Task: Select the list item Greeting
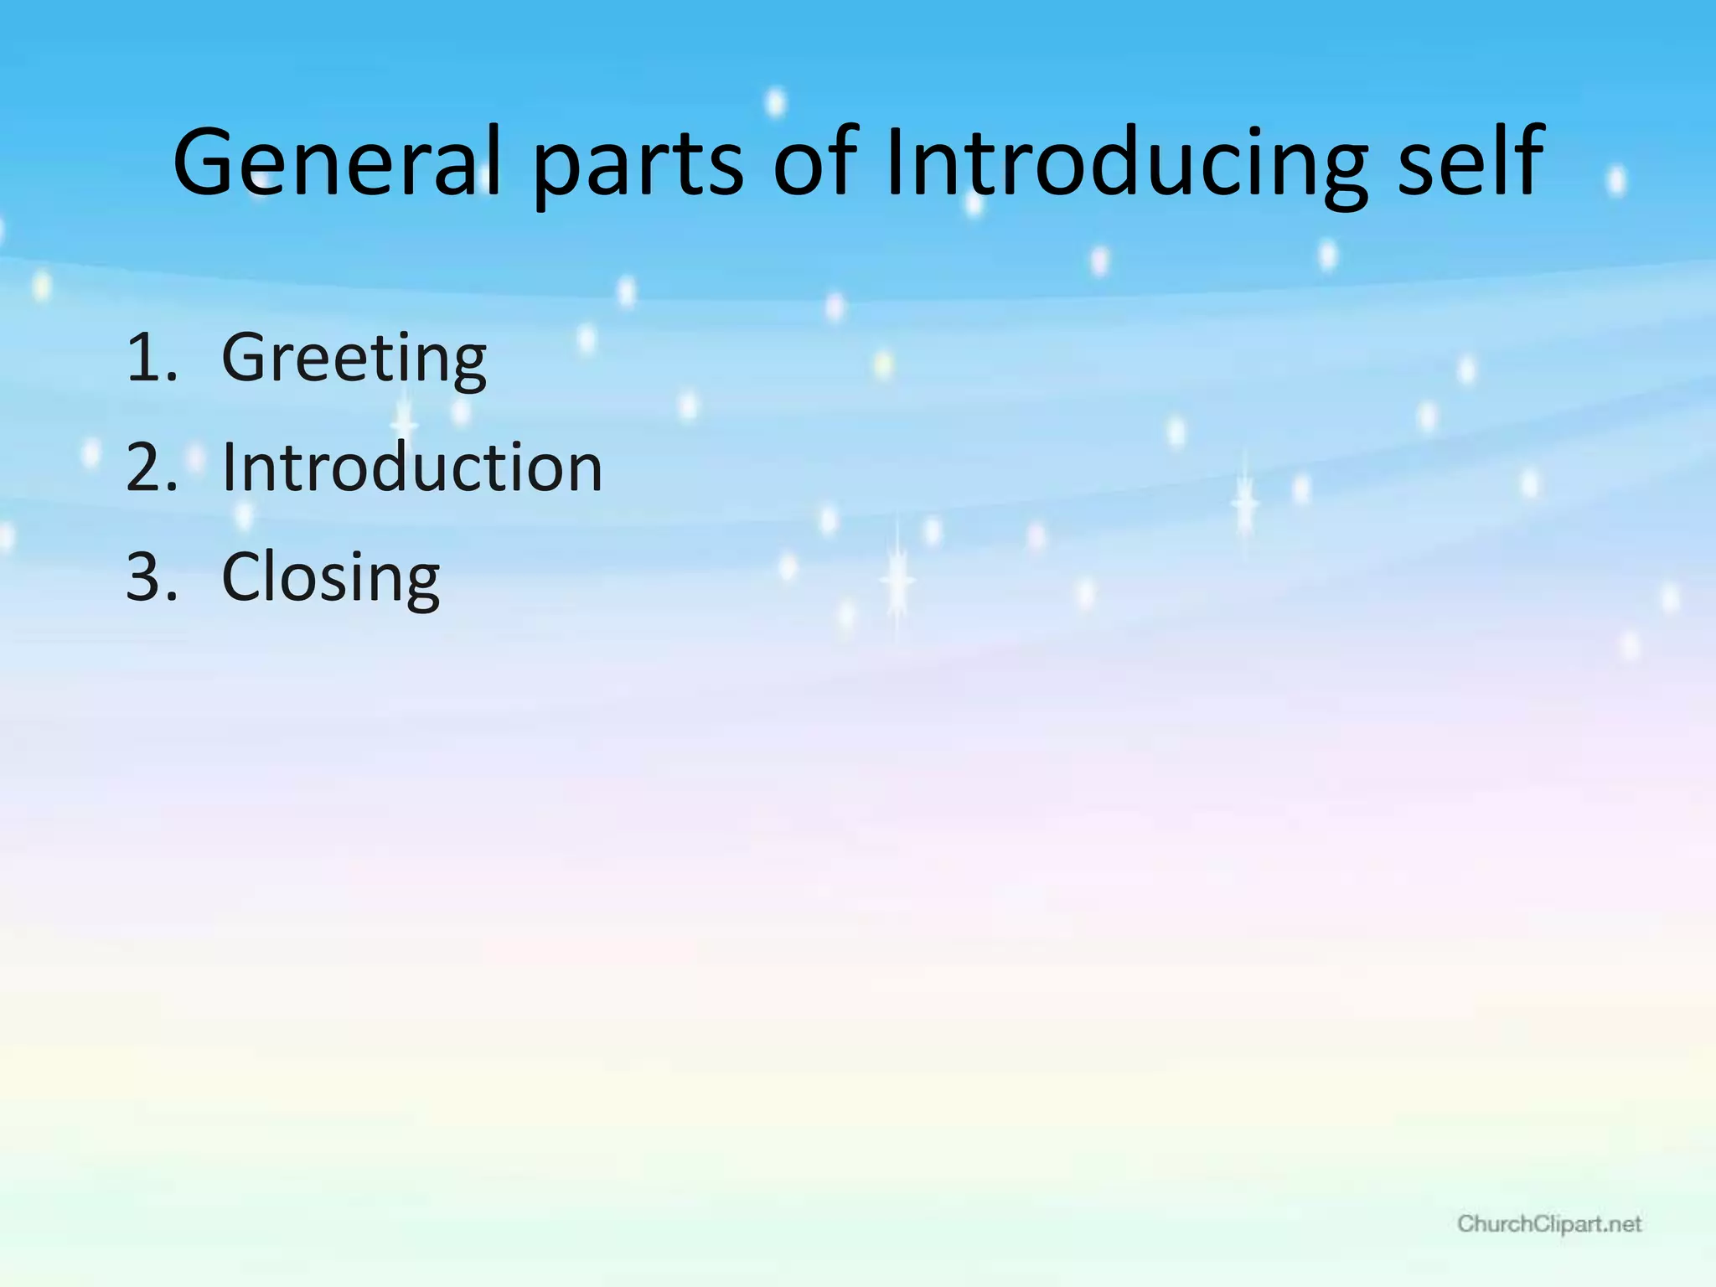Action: point(354,359)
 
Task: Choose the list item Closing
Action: point(330,578)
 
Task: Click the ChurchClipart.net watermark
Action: point(1549,1224)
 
